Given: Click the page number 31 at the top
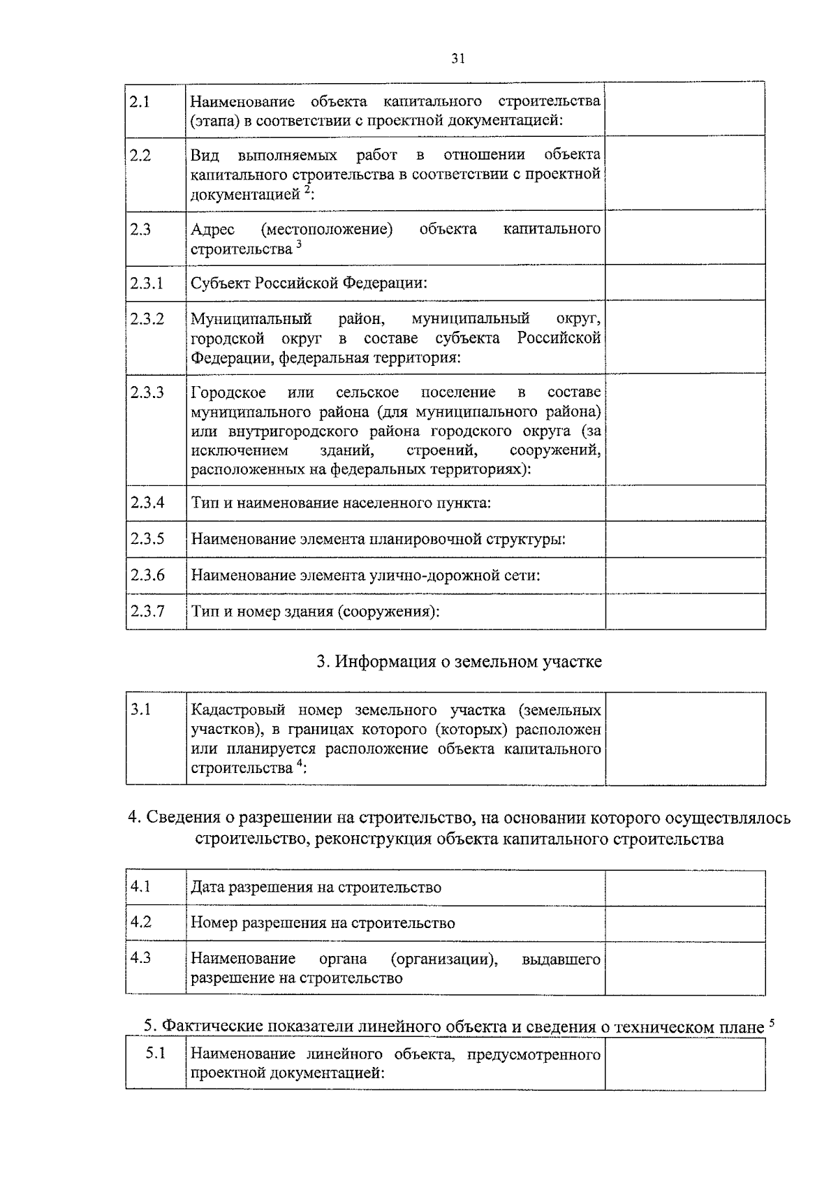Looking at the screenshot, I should click(x=457, y=59).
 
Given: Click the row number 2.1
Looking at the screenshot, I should click(x=140, y=102).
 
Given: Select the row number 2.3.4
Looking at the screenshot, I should click(x=147, y=502).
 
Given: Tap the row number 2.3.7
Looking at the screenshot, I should click(x=147, y=611).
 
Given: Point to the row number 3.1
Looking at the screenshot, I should click(x=140, y=710).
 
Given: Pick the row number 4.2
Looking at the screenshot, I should click(x=140, y=922).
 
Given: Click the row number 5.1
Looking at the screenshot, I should click(x=155, y=1053).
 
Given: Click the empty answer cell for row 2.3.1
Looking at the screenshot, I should click(x=684, y=283).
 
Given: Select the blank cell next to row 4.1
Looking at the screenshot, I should click(x=684, y=888).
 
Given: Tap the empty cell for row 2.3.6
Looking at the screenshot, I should click(x=684, y=575).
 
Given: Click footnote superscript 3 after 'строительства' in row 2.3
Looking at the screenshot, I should click(x=299, y=244).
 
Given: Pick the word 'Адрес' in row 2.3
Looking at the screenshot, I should click(x=213, y=229).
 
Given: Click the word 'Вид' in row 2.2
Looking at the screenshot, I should click(x=205, y=154).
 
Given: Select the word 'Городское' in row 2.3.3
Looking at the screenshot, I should click(x=228, y=392).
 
